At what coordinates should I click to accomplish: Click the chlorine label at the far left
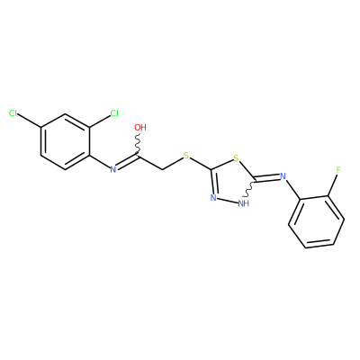tap(13, 113)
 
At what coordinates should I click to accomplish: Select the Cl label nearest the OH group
tap(114, 113)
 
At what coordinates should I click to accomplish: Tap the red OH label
tap(140, 127)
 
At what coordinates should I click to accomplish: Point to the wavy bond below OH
tap(139, 144)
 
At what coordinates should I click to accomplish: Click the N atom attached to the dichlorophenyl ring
tap(113, 170)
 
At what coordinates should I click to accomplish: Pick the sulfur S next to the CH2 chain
tap(186, 156)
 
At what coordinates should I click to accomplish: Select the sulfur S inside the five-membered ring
tap(237, 158)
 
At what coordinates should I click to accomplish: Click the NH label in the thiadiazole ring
tap(243, 203)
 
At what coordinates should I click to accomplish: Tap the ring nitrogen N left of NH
tap(213, 198)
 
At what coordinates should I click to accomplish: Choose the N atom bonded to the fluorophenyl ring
tap(283, 176)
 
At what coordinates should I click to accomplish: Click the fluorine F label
tap(338, 170)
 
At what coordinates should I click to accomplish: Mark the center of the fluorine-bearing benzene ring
tap(316, 221)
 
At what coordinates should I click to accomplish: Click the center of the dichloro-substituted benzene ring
tap(65, 142)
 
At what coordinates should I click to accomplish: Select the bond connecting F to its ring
tap(332, 185)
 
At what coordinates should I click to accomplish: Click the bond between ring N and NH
tap(227, 201)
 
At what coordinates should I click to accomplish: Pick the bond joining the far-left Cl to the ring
tap(30, 121)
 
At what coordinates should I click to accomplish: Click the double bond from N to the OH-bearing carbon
tap(128, 162)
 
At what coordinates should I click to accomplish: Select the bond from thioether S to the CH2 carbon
tap(173, 164)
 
